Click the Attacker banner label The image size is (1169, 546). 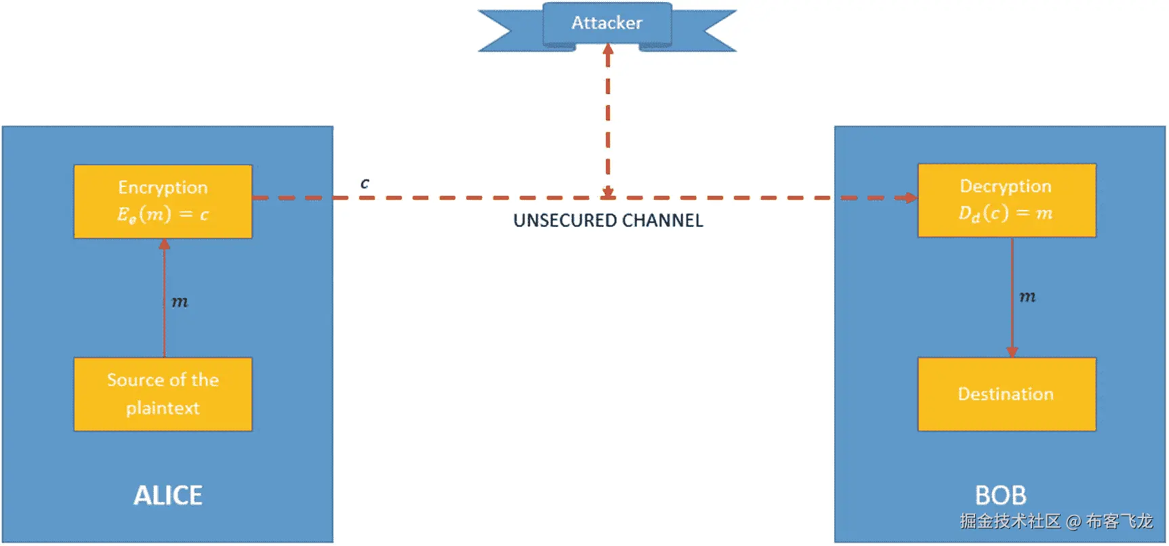coord(607,24)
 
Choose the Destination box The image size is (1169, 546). coord(1006,394)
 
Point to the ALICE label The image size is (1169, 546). coord(168,495)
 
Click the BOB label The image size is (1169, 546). coord(1000,495)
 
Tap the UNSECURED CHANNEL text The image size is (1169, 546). coord(608,221)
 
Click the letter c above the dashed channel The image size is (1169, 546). coord(365,183)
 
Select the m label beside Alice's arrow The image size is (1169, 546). coord(180,301)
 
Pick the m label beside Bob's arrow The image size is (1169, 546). coord(1027,297)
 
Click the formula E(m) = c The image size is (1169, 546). coord(163,215)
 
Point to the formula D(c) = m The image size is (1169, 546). coord(1006,213)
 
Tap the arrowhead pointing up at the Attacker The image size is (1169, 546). coord(608,49)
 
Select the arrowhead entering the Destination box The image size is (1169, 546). coord(1012,352)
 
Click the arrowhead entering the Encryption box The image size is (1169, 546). coord(164,244)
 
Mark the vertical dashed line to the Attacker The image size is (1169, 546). coord(608,122)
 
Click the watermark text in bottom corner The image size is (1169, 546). coord(1056,521)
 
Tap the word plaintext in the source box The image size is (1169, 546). coord(163,408)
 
